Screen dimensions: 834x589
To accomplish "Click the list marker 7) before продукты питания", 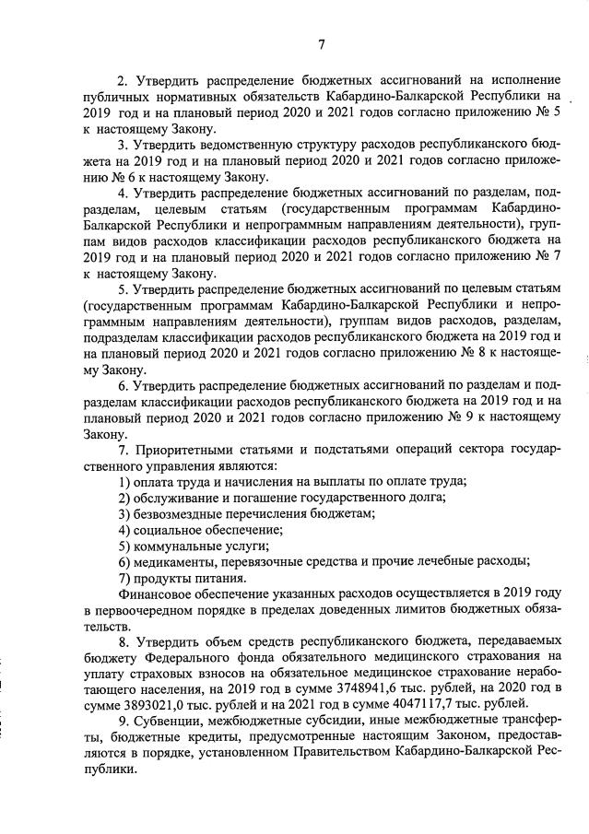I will click(x=124, y=578).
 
